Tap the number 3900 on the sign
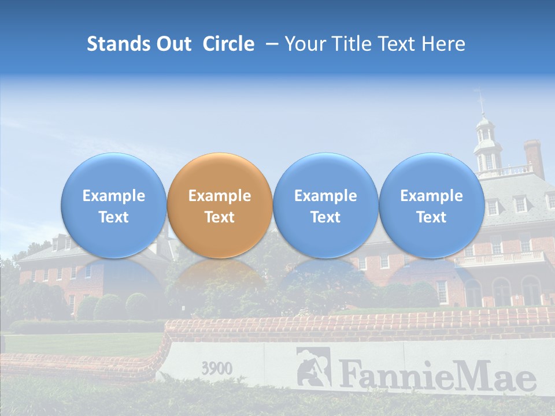point(217,368)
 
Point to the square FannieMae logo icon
point(313,366)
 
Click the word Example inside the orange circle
point(220,196)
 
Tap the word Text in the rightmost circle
point(431,217)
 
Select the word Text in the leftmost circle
point(113,217)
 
